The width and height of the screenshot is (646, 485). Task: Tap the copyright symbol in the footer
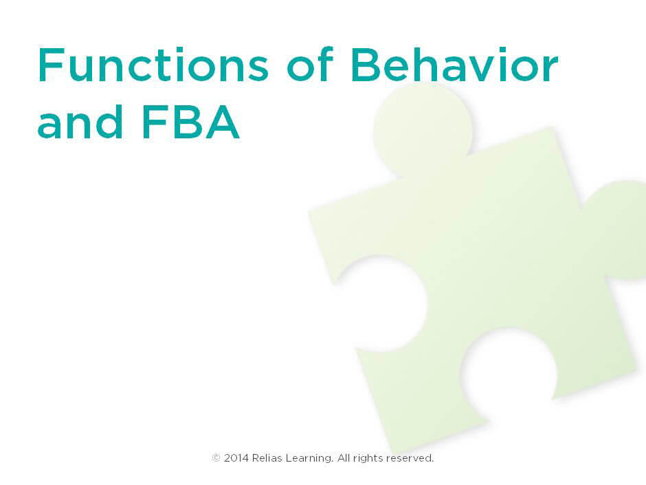[216, 457]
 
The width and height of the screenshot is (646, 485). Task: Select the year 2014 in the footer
[236, 457]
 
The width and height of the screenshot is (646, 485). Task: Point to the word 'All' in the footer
[343, 457]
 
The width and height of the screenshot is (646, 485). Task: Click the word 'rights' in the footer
[368, 458]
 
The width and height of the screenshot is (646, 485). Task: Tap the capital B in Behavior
[366, 66]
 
